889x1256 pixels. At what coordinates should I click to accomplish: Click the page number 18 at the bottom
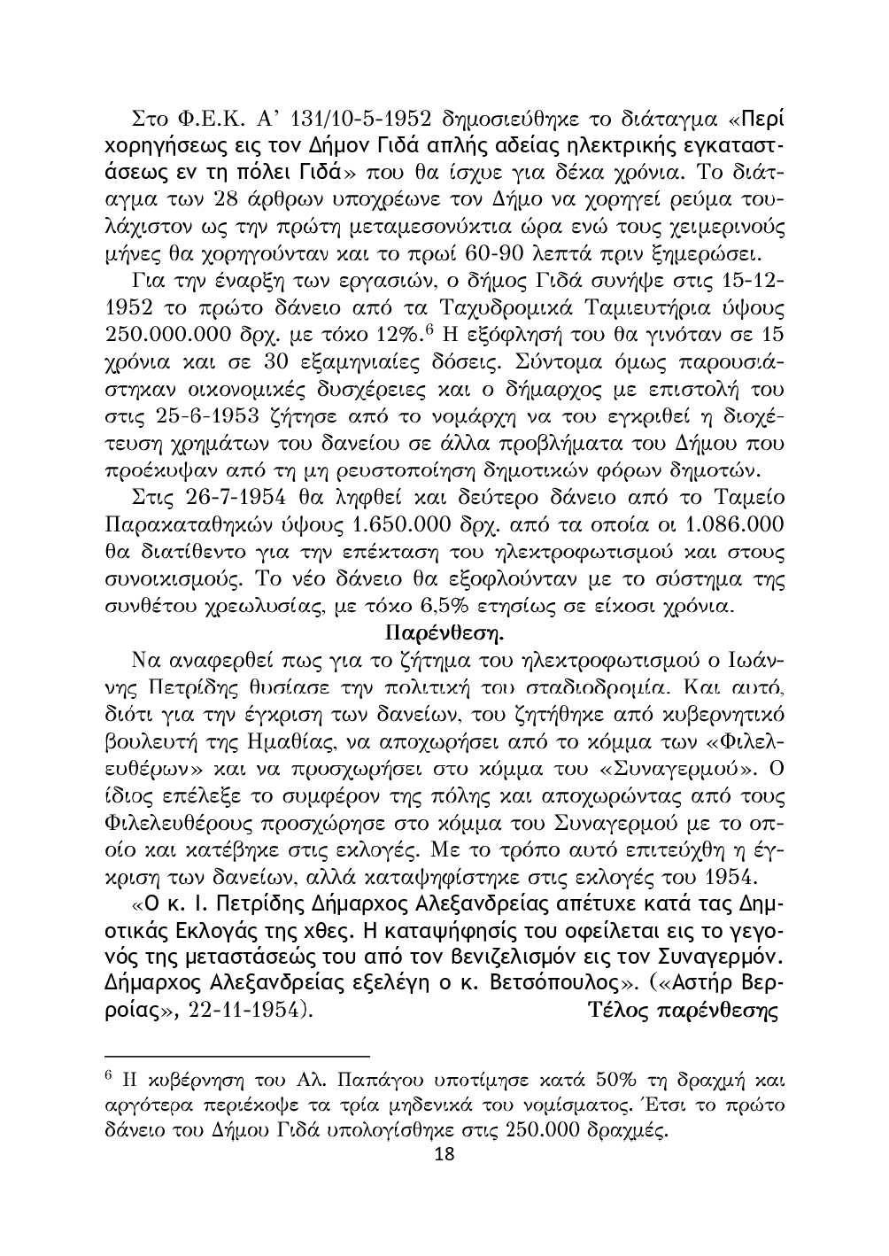pyautogui.click(x=444, y=1155)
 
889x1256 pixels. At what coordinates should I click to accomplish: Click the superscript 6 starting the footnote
pyautogui.click(x=108, y=1076)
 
